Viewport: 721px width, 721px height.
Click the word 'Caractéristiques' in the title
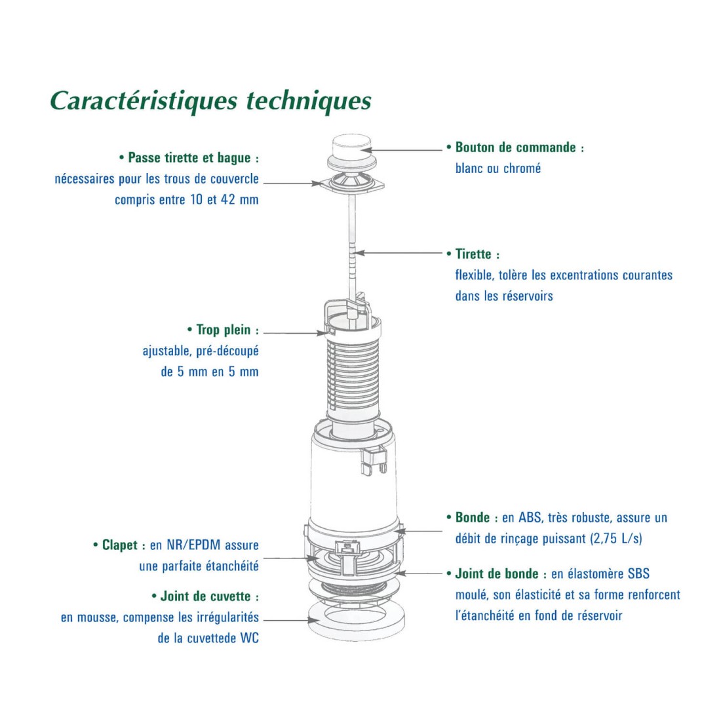(144, 101)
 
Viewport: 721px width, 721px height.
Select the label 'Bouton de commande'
(515, 147)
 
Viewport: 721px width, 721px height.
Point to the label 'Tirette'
(473, 254)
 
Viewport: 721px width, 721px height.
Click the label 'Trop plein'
(224, 330)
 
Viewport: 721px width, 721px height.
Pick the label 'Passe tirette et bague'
(189, 158)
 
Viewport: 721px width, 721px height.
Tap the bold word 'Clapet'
(120, 545)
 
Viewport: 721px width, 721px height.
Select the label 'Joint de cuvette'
(206, 596)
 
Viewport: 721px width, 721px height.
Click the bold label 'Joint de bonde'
(497, 574)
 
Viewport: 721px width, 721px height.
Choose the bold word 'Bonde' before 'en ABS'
(473, 518)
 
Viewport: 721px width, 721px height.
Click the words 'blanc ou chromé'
(498, 168)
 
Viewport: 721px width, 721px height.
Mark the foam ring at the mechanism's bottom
(354, 620)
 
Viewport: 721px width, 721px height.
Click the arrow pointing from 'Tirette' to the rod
(400, 253)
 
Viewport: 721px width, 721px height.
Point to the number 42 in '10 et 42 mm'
(228, 200)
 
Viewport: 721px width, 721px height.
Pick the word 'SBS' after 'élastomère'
(638, 574)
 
